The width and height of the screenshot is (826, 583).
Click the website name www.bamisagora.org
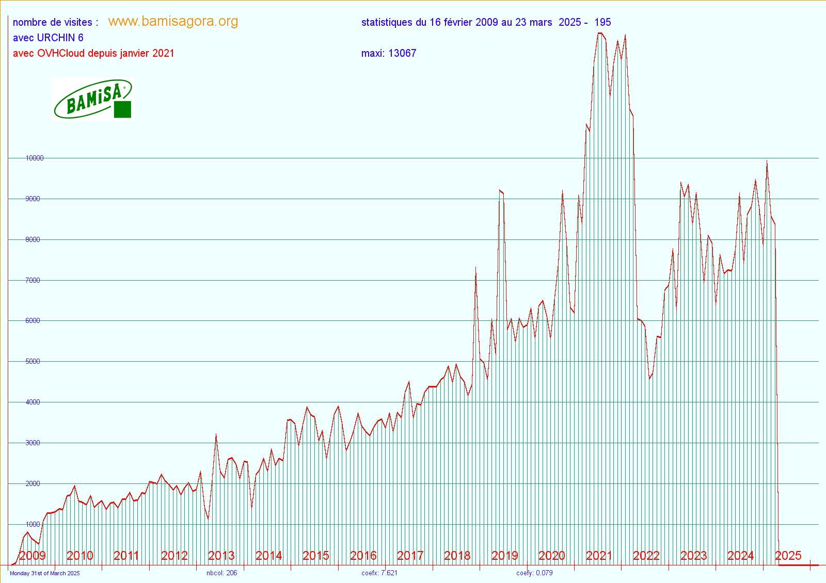pyautogui.click(x=173, y=21)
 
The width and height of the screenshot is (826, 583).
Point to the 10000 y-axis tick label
pyautogui.click(x=34, y=158)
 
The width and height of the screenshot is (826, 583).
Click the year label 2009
pyautogui.click(x=32, y=556)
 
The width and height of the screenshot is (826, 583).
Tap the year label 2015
pyautogui.click(x=315, y=556)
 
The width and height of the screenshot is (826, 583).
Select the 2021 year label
pyautogui.click(x=599, y=556)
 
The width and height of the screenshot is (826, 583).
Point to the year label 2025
pyautogui.click(x=788, y=556)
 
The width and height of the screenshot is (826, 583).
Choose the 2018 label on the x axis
pyautogui.click(x=457, y=556)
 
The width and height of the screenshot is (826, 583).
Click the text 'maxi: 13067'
pyautogui.click(x=388, y=53)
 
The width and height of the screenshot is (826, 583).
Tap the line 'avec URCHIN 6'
pyautogui.click(x=48, y=38)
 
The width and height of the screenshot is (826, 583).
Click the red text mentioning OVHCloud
pyautogui.click(x=93, y=53)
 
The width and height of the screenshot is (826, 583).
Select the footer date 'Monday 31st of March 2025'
pyautogui.click(x=45, y=573)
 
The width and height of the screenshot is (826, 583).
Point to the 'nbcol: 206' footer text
pyautogui.click(x=221, y=573)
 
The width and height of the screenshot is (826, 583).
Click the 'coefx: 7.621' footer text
pyautogui.click(x=379, y=573)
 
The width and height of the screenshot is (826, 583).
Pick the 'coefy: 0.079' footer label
pyautogui.click(x=534, y=573)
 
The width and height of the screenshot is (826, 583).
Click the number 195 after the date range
pyautogui.click(x=602, y=22)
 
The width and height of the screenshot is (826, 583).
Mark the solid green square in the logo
pyautogui.click(x=122, y=109)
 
